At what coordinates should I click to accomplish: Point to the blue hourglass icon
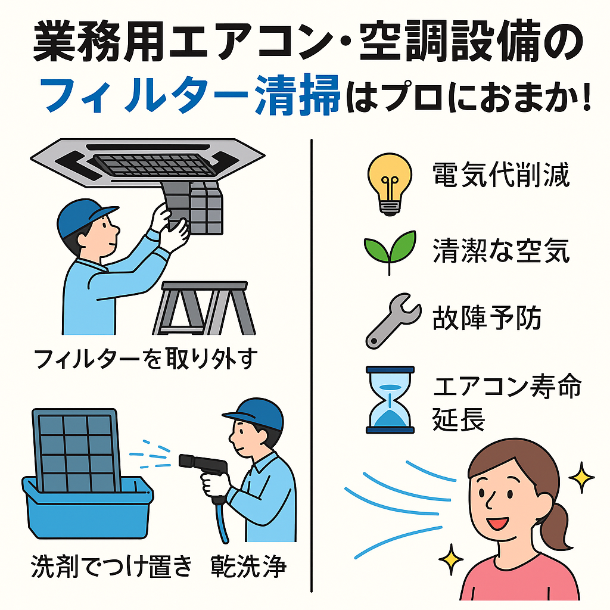390,399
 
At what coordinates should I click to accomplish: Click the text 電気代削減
501,176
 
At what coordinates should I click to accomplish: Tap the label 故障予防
487,318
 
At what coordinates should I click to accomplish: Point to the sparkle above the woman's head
581,477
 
